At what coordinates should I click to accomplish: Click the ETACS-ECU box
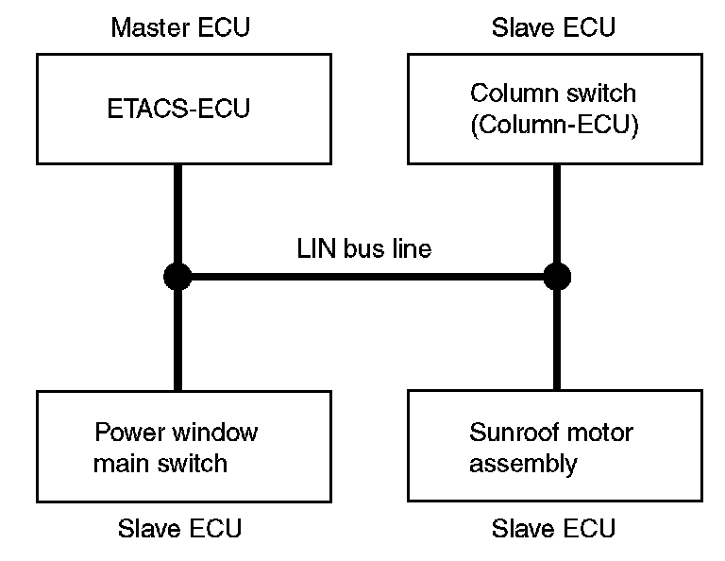pyautogui.click(x=184, y=110)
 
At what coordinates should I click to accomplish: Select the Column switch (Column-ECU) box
pyautogui.click(x=555, y=110)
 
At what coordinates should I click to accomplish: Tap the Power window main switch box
pyautogui.click(x=184, y=447)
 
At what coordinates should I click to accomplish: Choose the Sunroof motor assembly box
pyautogui.click(x=555, y=446)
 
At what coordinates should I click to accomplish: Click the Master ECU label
pyautogui.click(x=180, y=27)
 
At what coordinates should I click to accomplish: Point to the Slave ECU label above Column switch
pyautogui.click(x=553, y=27)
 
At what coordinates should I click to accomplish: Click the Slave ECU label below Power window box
pyautogui.click(x=180, y=528)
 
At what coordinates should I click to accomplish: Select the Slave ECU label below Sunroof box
pyautogui.click(x=553, y=528)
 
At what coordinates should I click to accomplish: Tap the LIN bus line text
pyautogui.click(x=364, y=248)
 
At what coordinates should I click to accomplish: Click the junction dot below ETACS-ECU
pyautogui.click(x=177, y=277)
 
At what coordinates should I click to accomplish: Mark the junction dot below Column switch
pyautogui.click(x=557, y=277)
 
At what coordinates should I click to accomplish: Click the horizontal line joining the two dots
pyautogui.click(x=367, y=277)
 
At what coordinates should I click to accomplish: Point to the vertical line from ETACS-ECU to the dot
pyautogui.click(x=177, y=213)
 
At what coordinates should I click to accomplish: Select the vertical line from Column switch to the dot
pyautogui.click(x=557, y=213)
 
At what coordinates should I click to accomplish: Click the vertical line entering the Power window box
pyautogui.click(x=177, y=340)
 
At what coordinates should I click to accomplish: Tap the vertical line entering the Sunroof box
pyautogui.click(x=557, y=340)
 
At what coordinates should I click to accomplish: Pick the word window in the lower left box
pyautogui.click(x=214, y=433)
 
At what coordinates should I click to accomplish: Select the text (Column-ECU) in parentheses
pyautogui.click(x=554, y=125)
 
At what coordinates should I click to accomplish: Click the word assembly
pyautogui.click(x=523, y=464)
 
